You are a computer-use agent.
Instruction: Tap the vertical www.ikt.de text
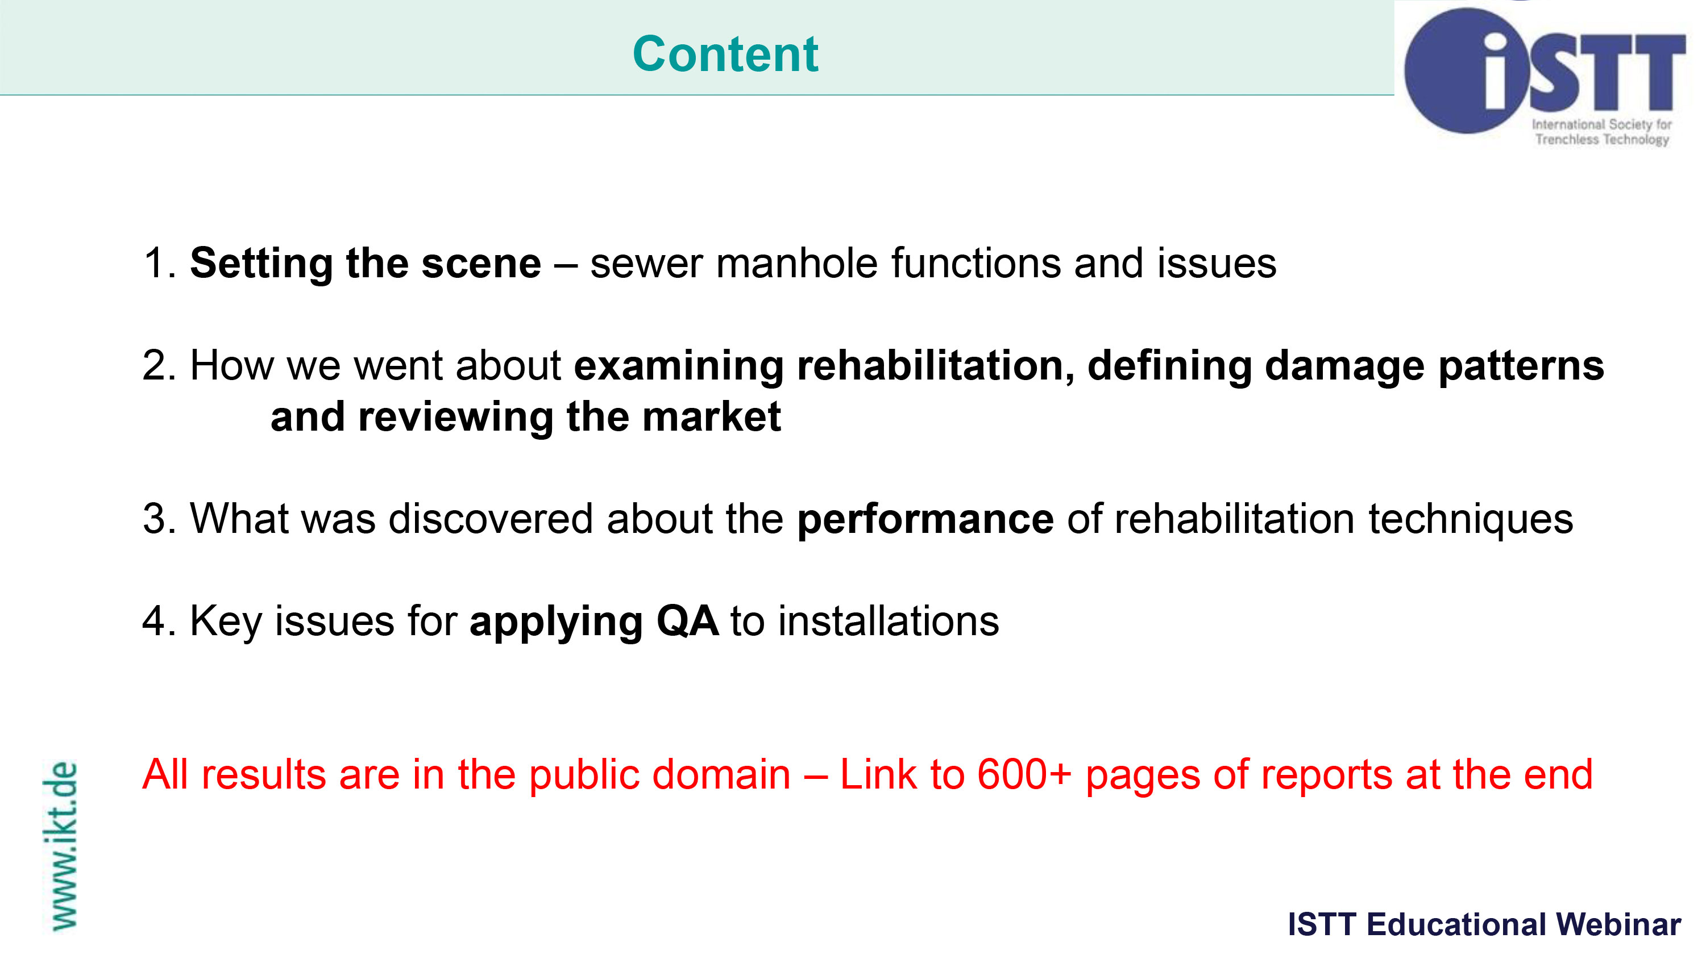click(x=61, y=846)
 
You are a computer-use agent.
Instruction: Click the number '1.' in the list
click(x=160, y=262)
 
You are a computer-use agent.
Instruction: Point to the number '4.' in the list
click(x=160, y=621)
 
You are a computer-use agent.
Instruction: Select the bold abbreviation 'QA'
click(x=687, y=621)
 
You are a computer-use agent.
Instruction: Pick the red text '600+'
click(x=1024, y=774)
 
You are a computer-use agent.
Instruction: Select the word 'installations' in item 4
click(x=888, y=621)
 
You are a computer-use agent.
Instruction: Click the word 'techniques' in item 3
click(x=1470, y=519)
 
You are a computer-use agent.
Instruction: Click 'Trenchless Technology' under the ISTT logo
click(x=1602, y=139)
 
